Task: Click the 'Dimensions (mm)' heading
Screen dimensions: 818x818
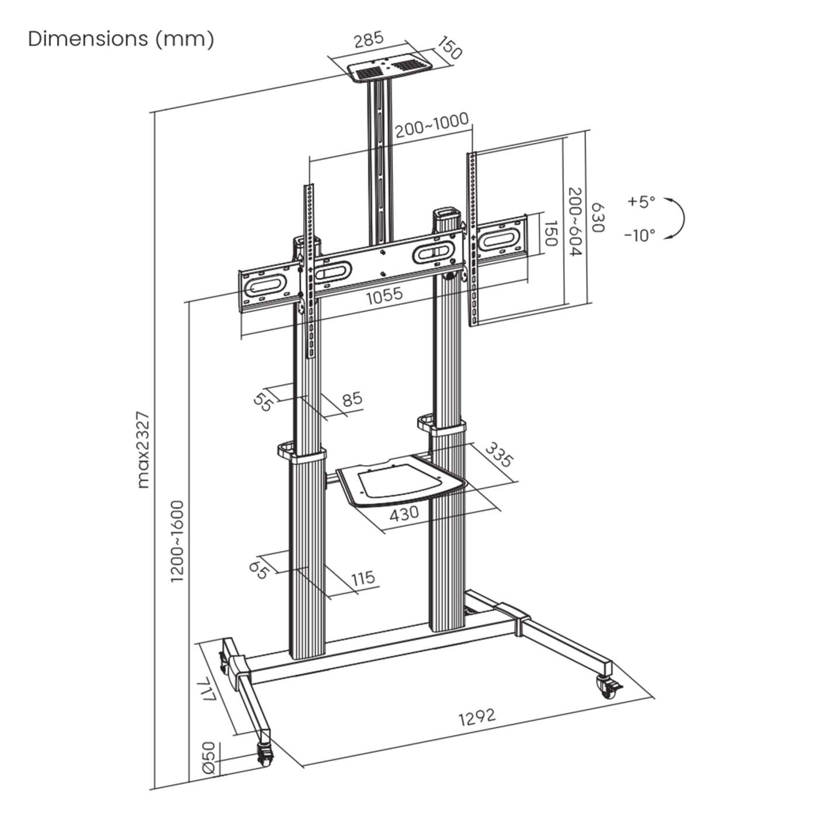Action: tap(121, 39)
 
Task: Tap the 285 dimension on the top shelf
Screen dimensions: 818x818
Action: tap(369, 40)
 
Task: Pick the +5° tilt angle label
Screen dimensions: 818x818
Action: tap(641, 202)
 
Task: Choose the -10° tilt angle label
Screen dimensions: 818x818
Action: tap(639, 235)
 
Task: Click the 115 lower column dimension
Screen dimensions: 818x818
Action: tap(363, 578)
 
